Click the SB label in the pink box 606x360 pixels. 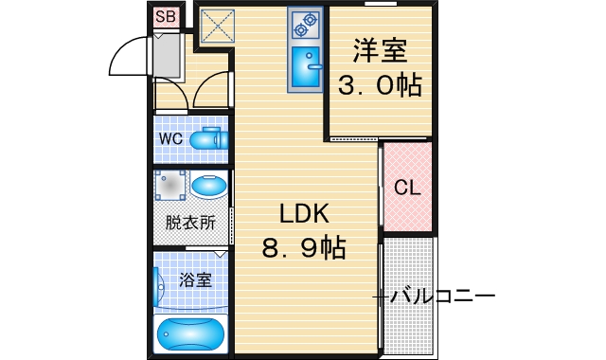pyautogui.click(x=166, y=16)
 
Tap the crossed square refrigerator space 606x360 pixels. pyautogui.click(x=218, y=26)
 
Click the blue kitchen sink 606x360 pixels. pyautogui.click(x=308, y=65)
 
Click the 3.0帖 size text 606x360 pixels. pyautogui.click(x=381, y=85)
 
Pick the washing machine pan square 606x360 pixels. pyautogui.click(x=171, y=186)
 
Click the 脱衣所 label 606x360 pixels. pyautogui.click(x=190, y=224)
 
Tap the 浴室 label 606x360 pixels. pyautogui.click(x=195, y=281)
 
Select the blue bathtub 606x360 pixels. pyautogui.click(x=191, y=334)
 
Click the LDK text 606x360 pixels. pyautogui.click(x=302, y=214)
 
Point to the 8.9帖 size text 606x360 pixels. pyautogui.click(x=303, y=249)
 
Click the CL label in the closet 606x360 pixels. pyautogui.click(x=407, y=188)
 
